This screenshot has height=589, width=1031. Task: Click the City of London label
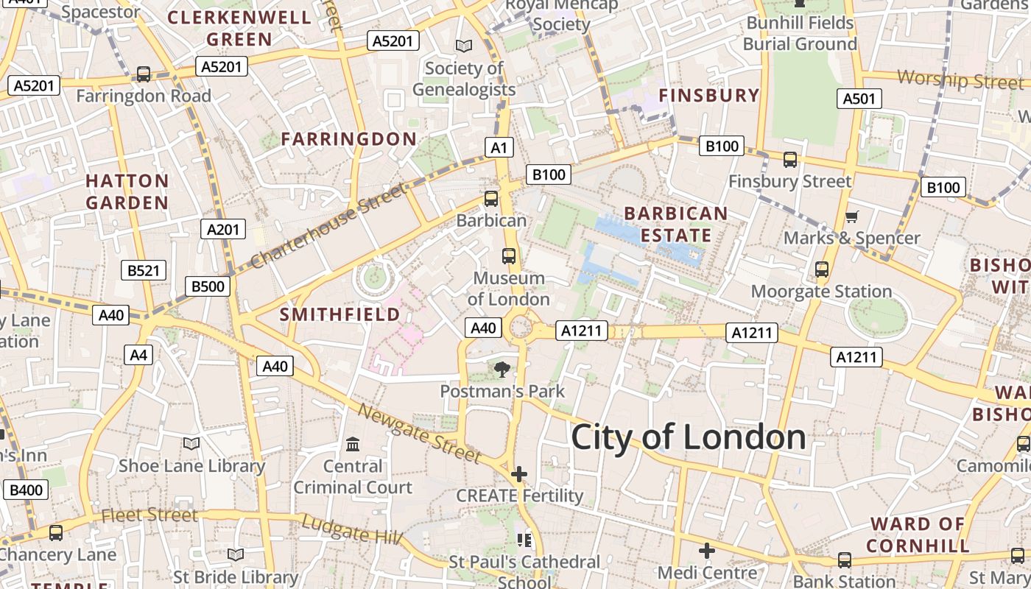click(688, 437)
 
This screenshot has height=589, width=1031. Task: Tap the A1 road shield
click(499, 147)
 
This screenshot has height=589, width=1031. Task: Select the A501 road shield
click(859, 99)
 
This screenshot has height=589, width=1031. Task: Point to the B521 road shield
click(144, 270)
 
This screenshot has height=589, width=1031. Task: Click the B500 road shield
click(208, 286)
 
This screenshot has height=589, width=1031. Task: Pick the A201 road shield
click(223, 229)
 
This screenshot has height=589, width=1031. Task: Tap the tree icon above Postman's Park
click(502, 369)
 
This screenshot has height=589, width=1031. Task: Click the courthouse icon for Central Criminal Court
click(353, 444)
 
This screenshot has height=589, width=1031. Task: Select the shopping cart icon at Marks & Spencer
click(852, 216)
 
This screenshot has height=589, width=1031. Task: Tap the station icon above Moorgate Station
click(822, 269)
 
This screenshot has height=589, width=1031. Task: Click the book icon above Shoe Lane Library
click(191, 443)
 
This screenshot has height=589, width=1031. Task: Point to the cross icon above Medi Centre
click(707, 550)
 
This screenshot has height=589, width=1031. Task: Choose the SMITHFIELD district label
click(340, 314)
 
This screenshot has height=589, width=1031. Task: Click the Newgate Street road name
click(419, 433)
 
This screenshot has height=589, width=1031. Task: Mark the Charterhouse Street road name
click(328, 227)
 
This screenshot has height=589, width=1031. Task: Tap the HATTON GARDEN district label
click(127, 191)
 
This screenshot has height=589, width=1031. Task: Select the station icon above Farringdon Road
click(144, 74)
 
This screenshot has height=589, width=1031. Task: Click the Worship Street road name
click(960, 79)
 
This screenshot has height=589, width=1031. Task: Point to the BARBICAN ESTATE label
click(675, 224)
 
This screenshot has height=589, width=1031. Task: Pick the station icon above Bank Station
click(845, 560)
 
